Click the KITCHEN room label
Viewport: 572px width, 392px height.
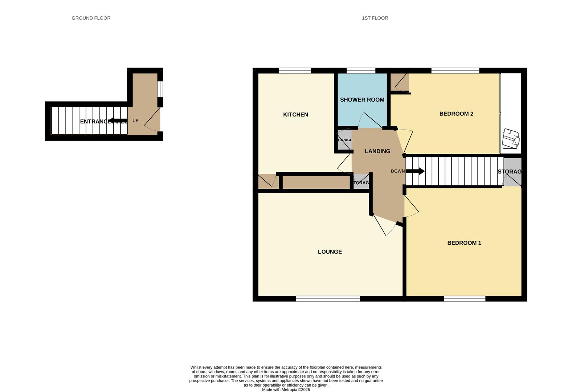(295, 115)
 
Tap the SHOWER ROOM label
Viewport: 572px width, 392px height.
(362, 100)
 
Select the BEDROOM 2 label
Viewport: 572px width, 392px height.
(456, 114)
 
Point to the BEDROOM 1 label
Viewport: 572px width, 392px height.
(464, 243)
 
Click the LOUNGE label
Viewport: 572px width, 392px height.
(330, 252)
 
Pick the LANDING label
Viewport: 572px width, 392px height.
(377, 151)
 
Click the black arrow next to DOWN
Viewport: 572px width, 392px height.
(416, 171)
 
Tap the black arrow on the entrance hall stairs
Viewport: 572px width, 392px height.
(117, 121)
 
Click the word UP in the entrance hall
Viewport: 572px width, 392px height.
(135, 121)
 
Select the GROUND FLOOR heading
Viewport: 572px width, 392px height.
(91, 18)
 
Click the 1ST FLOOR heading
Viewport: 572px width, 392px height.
(375, 18)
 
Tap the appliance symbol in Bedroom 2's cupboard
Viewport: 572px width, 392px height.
(510, 139)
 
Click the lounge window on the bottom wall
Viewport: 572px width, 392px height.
(328, 299)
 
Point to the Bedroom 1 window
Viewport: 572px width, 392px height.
(465, 299)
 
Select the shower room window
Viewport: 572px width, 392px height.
(361, 71)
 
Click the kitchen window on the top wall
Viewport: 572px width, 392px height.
(295, 71)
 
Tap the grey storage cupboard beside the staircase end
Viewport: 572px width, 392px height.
(512, 172)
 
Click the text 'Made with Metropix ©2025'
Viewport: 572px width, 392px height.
(286, 390)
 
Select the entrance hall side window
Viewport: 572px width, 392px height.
(160, 89)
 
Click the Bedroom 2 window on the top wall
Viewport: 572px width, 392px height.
(455, 71)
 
